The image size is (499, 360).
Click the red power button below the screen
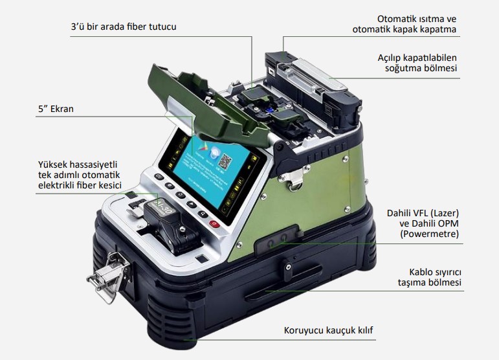click(214, 224)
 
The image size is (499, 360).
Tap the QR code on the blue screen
click(225, 162)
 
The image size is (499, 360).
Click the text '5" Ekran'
click(56, 109)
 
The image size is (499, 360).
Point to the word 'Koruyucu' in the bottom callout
click(304, 330)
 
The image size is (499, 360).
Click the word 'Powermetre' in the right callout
click(429, 234)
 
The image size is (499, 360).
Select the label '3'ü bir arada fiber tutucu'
click(124, 27)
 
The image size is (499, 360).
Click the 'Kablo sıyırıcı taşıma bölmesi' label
click(429, 277)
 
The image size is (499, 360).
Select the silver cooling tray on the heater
click(318, 76)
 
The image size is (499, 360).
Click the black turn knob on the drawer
click(287, 269)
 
